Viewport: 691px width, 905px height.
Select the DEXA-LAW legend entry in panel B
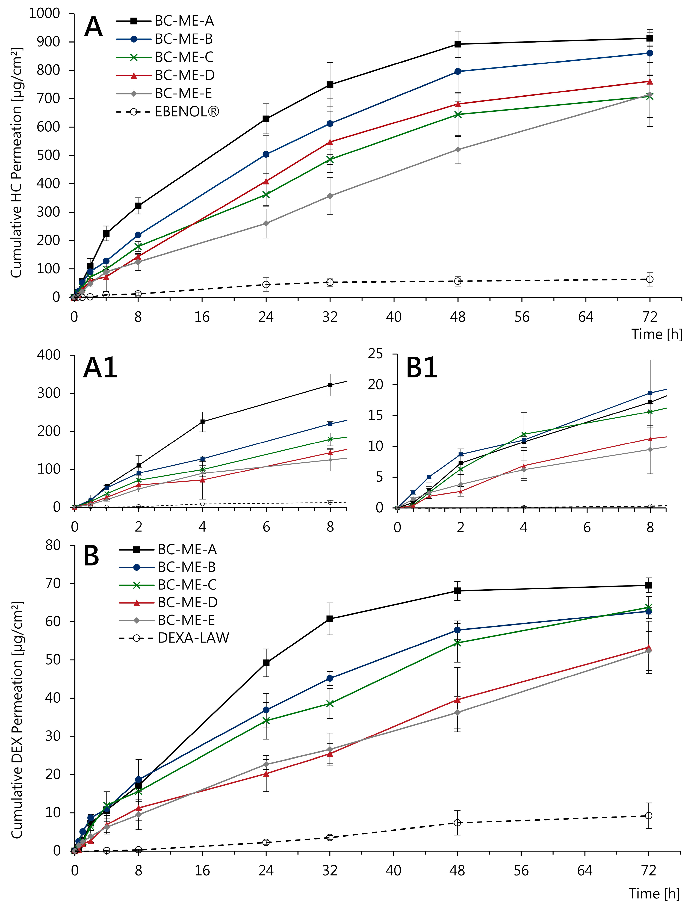(x=193, y=638)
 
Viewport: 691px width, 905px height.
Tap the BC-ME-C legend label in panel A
(x=184, y=57)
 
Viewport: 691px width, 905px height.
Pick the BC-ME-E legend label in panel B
(x=186, y=620)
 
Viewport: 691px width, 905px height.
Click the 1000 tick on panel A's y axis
(x=44, y=14)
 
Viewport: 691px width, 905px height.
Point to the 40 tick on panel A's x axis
(x=394, y=317)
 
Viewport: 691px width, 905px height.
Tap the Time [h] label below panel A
(x=656, y=334)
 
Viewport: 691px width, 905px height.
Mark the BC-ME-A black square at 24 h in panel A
(x=266, y=119)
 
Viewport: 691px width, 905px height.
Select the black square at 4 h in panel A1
(x=202, y=421)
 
